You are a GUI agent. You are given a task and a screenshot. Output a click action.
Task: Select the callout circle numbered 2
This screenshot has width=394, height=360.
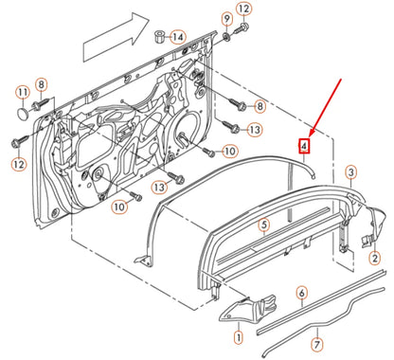(x=373, y=258)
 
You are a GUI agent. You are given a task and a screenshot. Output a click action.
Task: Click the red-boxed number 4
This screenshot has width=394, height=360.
(x=304, y=147)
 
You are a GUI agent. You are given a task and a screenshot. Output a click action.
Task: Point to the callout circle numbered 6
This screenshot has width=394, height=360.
(x=301, y=294)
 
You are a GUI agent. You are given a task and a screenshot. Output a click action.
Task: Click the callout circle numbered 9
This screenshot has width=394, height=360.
(x=226, y=19)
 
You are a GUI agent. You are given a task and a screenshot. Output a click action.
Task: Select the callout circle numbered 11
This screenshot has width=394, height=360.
(x=22, y=92)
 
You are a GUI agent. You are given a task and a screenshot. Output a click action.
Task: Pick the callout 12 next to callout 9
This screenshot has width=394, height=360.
(x=243, y=10)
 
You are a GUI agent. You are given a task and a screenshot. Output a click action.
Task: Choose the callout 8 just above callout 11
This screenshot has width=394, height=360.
(x=41, y=85)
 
